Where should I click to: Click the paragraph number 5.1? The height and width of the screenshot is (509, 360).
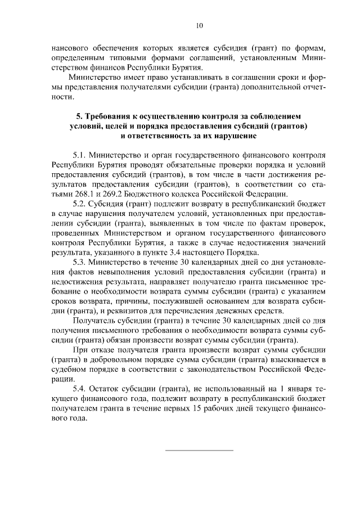tap(81, 154)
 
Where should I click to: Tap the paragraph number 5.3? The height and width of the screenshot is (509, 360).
tap(81, 262)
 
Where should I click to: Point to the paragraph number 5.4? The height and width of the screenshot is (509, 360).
tap(81, 388)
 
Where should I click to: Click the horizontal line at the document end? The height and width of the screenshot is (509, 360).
tap(199, 450)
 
